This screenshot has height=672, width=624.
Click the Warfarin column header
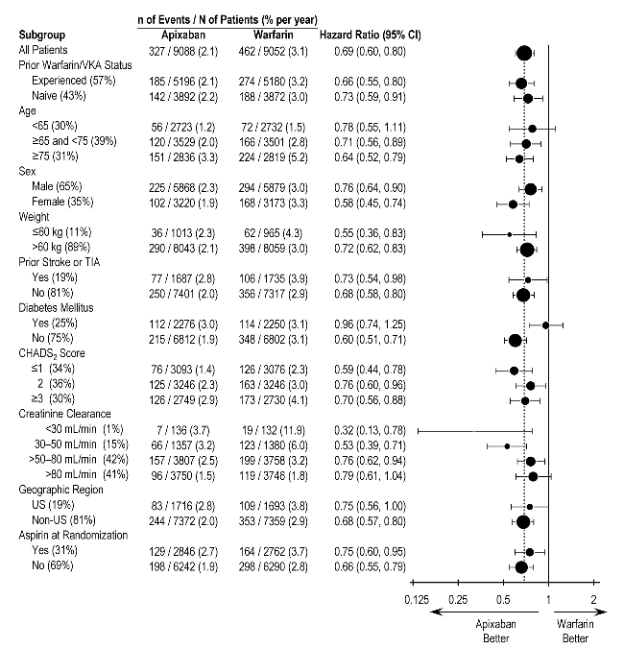[259, 35]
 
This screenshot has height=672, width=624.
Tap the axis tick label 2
[594, 599]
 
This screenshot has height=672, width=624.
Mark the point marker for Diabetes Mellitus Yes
[545, 324]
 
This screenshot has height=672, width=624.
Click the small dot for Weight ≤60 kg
[509, 232]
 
